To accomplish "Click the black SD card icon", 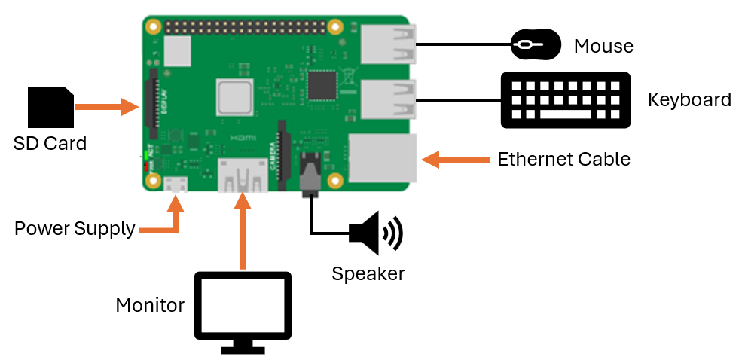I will click(x=50, y=108).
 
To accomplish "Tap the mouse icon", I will click(x=536, y=45).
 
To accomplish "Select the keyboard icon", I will click(x=565, y=99).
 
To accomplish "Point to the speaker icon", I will click(x=375, y=233).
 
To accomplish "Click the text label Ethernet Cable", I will click(x=563, y=160).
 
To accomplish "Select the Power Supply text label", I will click(x=75, y=228).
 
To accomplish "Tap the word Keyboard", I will click(x=689, y=100).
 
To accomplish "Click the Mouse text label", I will click(x=603, y=47).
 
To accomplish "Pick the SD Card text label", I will click(x=50, y=142).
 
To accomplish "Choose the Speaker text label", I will click(x=368, y=273).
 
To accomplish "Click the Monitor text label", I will click(x=150, y=305).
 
